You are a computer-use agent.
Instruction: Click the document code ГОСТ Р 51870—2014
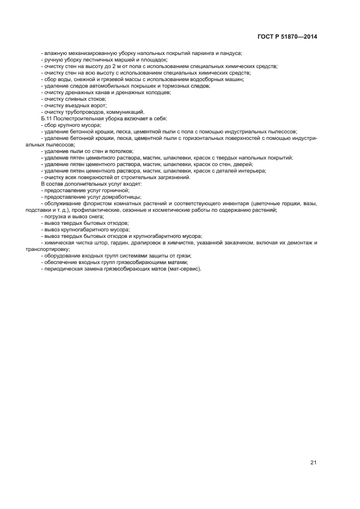pyautogui.click(x=288, y=37)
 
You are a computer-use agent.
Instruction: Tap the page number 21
pyautogui.click(x=313, y=463)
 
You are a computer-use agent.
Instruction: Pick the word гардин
pyautogui.click(x=122, y=243)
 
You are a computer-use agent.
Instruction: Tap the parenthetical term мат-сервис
pyautogui.click(x=187, y=269)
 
